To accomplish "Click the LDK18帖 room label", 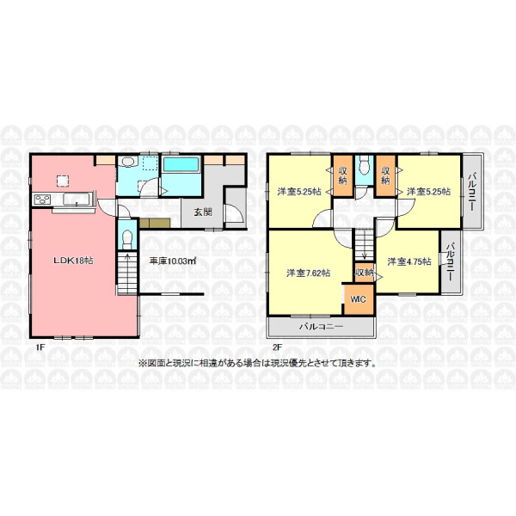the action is [x=73, y=261].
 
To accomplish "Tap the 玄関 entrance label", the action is [x=203, y=212].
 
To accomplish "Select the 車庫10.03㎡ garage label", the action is [x=173, y=261].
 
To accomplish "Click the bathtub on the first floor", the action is [x=181, y=164].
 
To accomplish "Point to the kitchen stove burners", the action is [x=42, y=200].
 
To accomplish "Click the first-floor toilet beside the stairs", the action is [x=126, y=240].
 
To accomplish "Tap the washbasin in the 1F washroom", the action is [x=127, y=163].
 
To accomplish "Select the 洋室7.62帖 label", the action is [x=309, y=273].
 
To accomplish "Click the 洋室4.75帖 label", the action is [x=409, y=261].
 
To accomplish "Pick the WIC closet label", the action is [x=358, y=299].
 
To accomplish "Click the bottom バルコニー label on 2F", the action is [x=321, y=327].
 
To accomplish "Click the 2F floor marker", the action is [x=277, y=347].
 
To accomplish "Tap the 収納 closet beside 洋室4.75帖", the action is [x=365, y=273].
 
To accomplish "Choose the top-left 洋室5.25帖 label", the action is [x=299, y=192].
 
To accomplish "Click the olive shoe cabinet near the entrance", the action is [x=155, y=223].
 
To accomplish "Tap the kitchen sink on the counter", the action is [x=76, y=200].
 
